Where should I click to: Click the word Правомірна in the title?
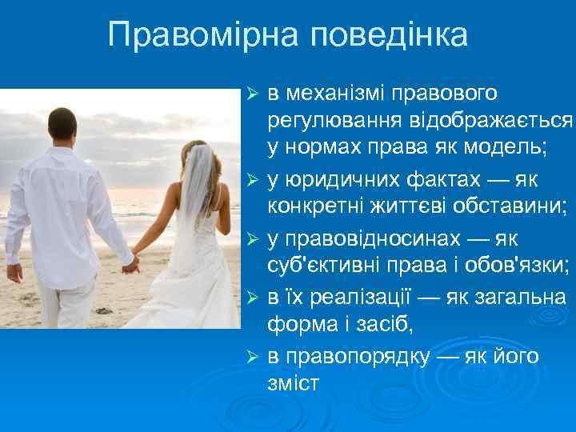tap(205, 34)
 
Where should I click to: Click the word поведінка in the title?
tap(389, 34)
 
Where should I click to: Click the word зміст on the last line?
tap(294, 383)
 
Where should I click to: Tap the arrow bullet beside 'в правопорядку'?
tap(253, 358)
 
